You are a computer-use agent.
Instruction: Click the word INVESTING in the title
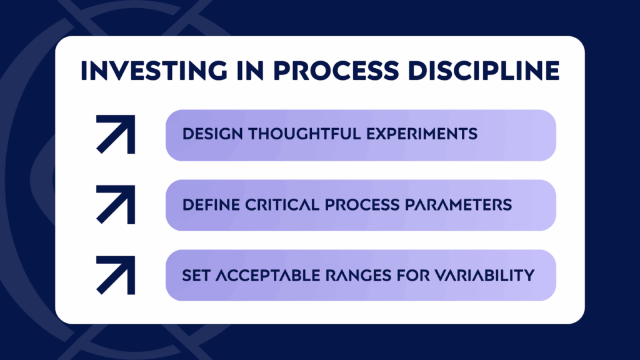154,71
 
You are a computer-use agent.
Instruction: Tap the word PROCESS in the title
336,71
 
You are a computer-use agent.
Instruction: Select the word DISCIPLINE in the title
484,71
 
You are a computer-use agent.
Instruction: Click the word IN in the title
250,71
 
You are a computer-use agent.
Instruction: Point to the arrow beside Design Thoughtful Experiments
116,134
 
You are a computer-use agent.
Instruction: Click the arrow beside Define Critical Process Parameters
116,204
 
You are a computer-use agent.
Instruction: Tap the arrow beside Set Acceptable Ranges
116,275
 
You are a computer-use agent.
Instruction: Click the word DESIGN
212,134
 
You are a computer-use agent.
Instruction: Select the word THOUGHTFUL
305,134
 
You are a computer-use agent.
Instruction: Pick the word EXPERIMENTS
422,134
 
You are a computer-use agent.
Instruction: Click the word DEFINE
211,204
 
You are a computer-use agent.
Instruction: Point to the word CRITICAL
282,204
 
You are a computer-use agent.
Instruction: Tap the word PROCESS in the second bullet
362,204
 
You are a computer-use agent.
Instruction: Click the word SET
196,276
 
